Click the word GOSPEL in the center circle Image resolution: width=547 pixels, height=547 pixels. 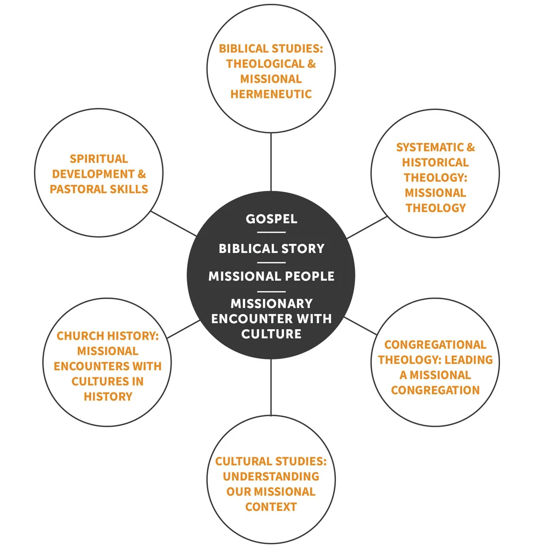271,219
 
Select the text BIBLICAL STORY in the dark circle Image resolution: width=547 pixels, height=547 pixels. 271,248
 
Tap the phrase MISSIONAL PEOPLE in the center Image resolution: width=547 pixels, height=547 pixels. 271,276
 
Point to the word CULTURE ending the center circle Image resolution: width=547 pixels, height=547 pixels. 271,333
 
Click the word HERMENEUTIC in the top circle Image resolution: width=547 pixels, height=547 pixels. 271,94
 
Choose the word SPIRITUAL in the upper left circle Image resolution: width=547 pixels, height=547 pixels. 98,159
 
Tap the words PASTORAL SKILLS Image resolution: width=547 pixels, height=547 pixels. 99,189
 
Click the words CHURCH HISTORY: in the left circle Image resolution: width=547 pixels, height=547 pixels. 107,336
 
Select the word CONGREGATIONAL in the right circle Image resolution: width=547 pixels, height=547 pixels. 435,345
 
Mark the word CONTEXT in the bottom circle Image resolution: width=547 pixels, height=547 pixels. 271,507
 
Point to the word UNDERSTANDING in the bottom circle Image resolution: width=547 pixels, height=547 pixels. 271,476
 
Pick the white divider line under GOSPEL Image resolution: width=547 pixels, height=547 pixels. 271,233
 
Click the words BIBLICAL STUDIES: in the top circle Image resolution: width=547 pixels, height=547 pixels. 271,48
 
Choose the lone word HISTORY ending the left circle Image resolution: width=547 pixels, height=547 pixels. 108,396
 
